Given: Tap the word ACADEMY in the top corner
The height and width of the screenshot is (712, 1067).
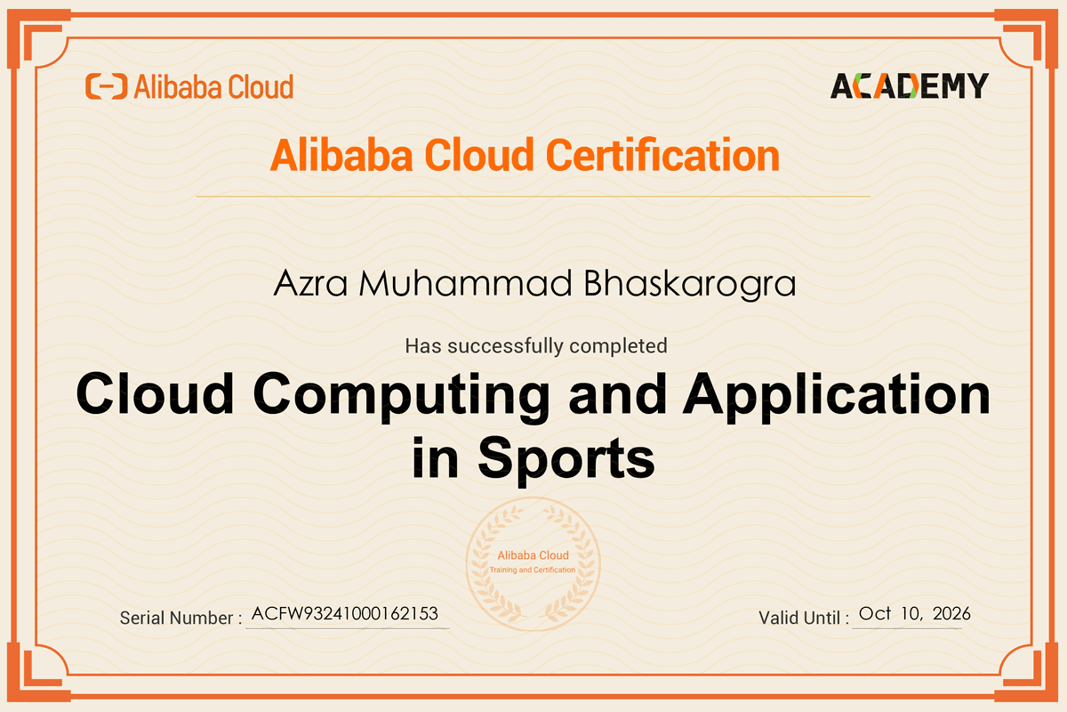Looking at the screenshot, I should click(909, 85).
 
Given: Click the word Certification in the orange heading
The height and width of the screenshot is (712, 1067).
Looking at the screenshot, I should click(662, 156).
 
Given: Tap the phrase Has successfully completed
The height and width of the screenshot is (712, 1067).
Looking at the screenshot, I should click(535, 345).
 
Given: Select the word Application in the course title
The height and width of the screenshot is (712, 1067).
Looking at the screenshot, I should click(837, 393).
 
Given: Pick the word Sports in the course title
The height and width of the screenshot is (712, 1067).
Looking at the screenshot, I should click(566, 460).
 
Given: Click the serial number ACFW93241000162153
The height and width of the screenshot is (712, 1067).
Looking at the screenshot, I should click(345, 614).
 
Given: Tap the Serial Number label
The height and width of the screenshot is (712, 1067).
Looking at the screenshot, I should click(181, 618).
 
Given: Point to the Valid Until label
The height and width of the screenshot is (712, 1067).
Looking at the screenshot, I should click(804, 618).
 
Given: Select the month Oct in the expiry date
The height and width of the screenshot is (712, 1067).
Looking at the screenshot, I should click(875, 614).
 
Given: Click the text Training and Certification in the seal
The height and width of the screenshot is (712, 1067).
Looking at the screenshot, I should click(533, 570).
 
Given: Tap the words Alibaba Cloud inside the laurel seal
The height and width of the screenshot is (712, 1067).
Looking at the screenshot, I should click(533, 555).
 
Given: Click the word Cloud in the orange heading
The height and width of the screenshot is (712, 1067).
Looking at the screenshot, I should click(479, 156).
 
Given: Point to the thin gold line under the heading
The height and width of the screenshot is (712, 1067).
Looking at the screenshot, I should click(533, 196).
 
